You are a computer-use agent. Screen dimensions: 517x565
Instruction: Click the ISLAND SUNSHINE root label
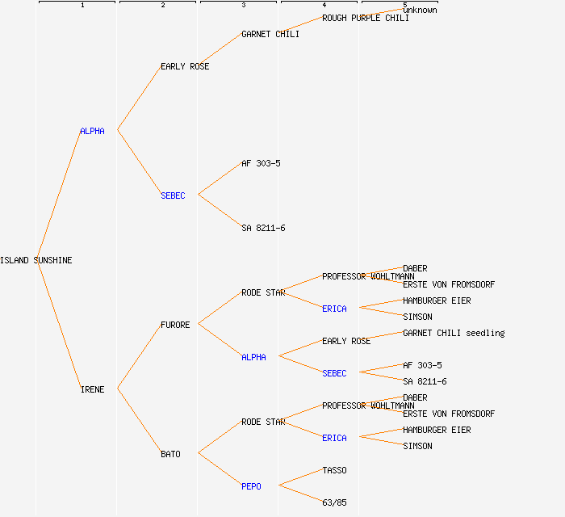[x=36, y=260]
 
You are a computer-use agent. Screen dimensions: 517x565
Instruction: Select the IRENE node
[x=92, y=389]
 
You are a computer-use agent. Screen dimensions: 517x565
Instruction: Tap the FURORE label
[x=175, y=325]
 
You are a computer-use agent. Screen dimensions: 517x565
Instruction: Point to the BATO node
[x=170, y=454]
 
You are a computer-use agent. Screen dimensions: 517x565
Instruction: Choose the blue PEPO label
[x=251, y=486]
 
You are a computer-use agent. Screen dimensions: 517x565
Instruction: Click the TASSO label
[x=334, y=470]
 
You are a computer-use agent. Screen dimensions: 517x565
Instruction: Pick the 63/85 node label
[x=334, y=502]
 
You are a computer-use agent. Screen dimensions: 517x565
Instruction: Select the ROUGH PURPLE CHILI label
[x=365, y=18]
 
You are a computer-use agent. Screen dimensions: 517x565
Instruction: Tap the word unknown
[x=420, y=10]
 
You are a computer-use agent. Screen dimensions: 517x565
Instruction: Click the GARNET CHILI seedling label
[x=454, y=333]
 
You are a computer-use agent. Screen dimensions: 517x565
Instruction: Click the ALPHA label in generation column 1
[x=92, y=131]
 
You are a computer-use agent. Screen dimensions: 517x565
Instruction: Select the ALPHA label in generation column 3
[x=253, y=357]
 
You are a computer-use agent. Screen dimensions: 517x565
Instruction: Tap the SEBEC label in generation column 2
[x=173, y=195]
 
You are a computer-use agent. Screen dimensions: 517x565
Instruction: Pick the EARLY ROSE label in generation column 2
[x=185, y=66]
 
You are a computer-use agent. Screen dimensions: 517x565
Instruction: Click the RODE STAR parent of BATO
[x=263, y=422]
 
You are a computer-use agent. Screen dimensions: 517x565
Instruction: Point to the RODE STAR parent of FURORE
[x=263, y=292]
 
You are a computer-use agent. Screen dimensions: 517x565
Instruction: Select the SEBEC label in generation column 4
[x=334, y=373]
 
